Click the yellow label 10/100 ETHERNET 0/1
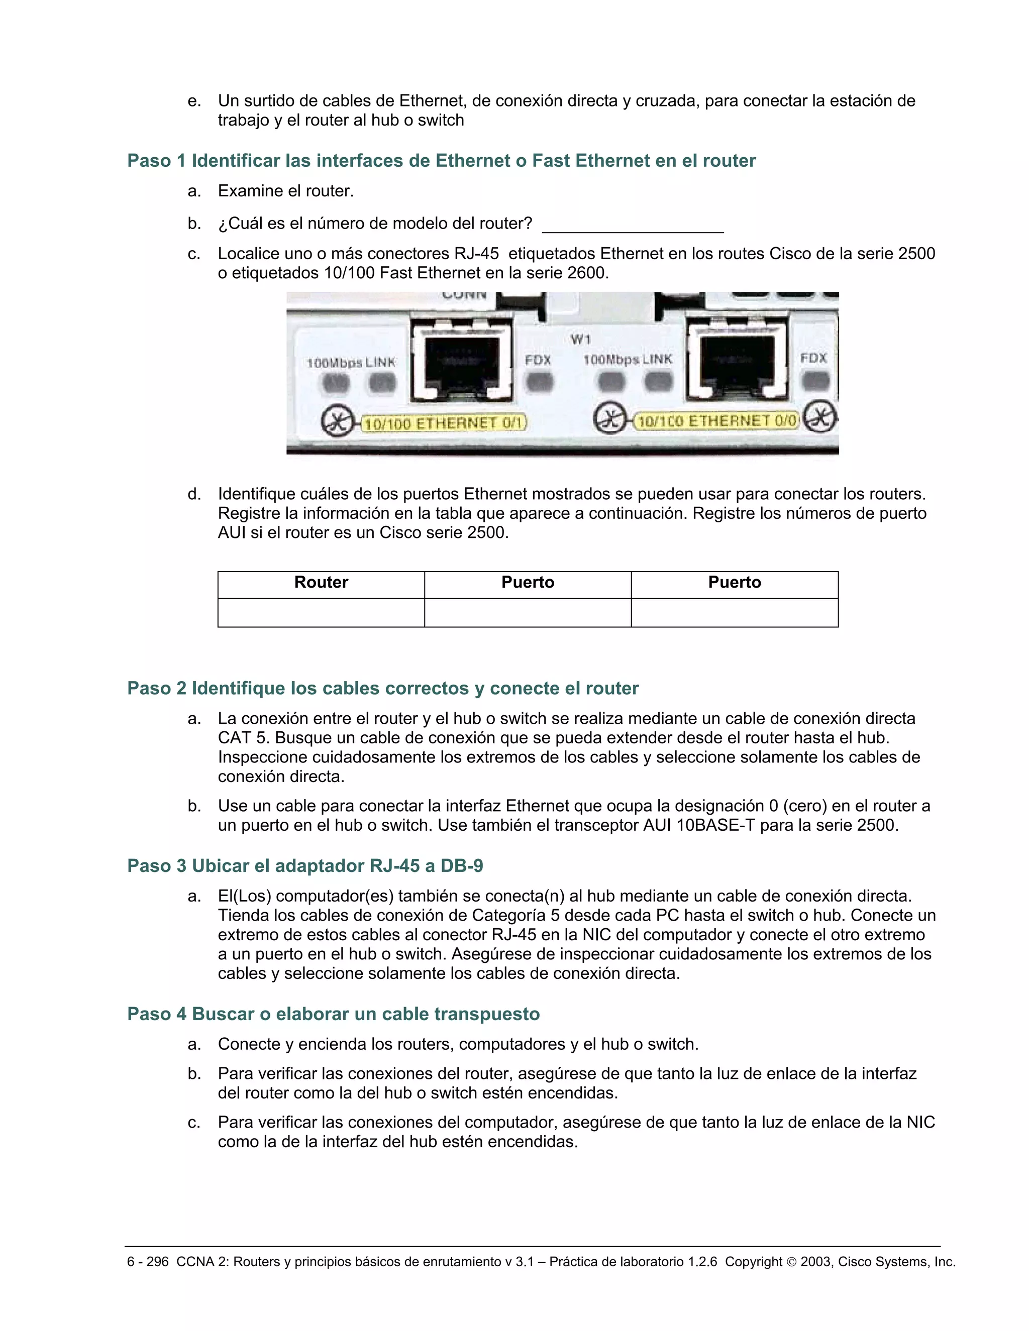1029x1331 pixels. coord(444,422)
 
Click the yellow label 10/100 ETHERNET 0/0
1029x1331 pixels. coord(716,420)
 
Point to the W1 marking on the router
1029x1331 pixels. coord(580,339)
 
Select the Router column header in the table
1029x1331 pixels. coord(321,583)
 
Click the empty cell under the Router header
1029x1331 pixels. coord(321,612)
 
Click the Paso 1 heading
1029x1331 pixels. coord(441,161)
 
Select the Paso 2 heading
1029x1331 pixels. coord(382,689)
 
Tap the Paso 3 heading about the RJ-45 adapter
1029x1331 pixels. coord(305,866)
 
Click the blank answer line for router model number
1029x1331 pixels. coord(632,227)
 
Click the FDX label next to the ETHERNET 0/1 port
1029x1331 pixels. coord(538,360)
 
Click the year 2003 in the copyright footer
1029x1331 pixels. coord(815,1262)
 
